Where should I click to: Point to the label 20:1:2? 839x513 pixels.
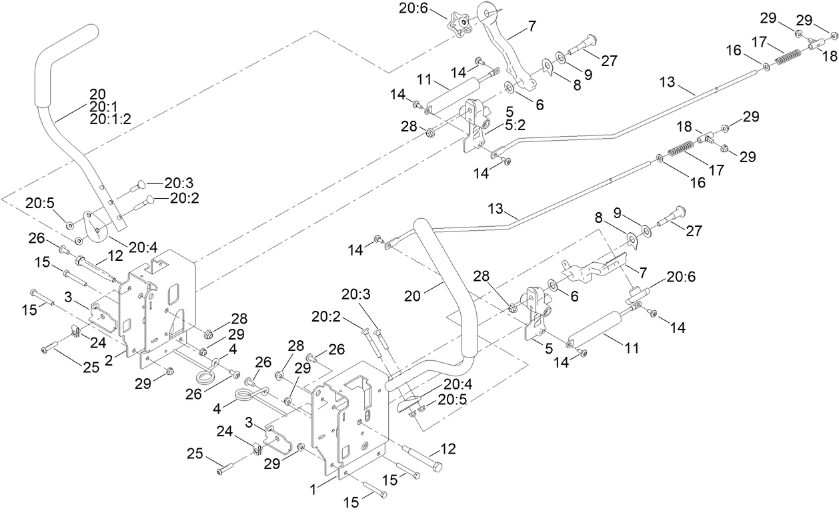pos(110,118)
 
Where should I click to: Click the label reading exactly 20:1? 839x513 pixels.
pos(101,105)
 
